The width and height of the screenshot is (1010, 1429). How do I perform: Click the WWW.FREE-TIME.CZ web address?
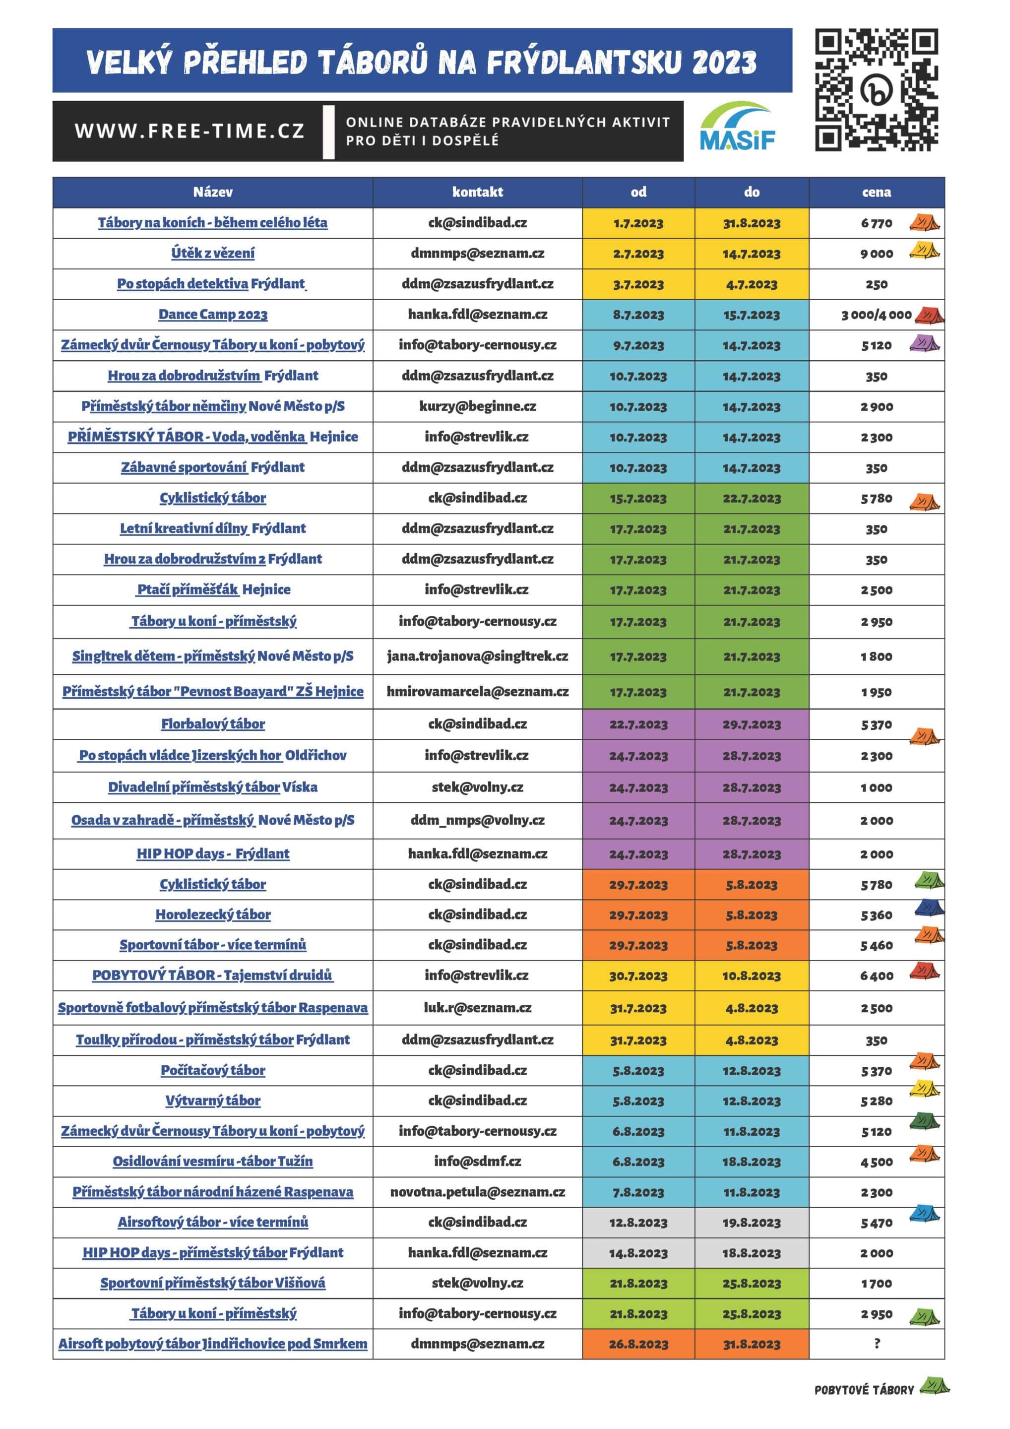(x=189, y=131)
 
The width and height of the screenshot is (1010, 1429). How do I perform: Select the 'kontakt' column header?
(x=477, y=193)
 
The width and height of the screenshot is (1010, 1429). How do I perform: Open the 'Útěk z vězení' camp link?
(x=213, y=254)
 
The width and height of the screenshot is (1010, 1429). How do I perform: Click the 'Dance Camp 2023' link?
(x=213, y=314)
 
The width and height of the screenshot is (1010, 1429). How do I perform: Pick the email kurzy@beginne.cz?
(x=477, y=406)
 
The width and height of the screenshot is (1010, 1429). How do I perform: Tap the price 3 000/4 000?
(x=876, y=315)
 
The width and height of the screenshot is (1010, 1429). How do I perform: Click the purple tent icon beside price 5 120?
(x=925, y=343)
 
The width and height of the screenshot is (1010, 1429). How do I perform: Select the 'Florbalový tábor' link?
(x=213, y=724)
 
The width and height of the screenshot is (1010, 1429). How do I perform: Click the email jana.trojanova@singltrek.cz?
(x=477, y=656)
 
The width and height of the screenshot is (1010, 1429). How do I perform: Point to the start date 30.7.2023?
(x=638, y=976)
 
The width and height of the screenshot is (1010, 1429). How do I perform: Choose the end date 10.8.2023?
(x=751, y=976)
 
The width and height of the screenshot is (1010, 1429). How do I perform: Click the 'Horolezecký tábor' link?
(x=213, y=914)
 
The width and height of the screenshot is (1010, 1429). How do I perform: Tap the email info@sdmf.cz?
(x=477, y=1162)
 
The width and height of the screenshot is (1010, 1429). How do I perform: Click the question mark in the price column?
(x=877, y=1343)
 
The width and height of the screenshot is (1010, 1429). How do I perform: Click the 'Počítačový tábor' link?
(x=213, y=1070)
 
